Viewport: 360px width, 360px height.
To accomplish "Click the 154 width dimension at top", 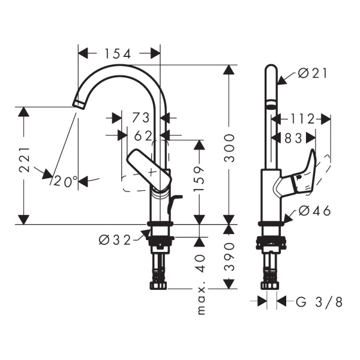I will (x=119, y=53).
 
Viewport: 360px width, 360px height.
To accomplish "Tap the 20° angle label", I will (x=65, y=181).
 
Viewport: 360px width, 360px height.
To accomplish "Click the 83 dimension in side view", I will (x=293, y=137).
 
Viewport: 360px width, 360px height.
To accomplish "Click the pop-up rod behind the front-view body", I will (x=172, y=204).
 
